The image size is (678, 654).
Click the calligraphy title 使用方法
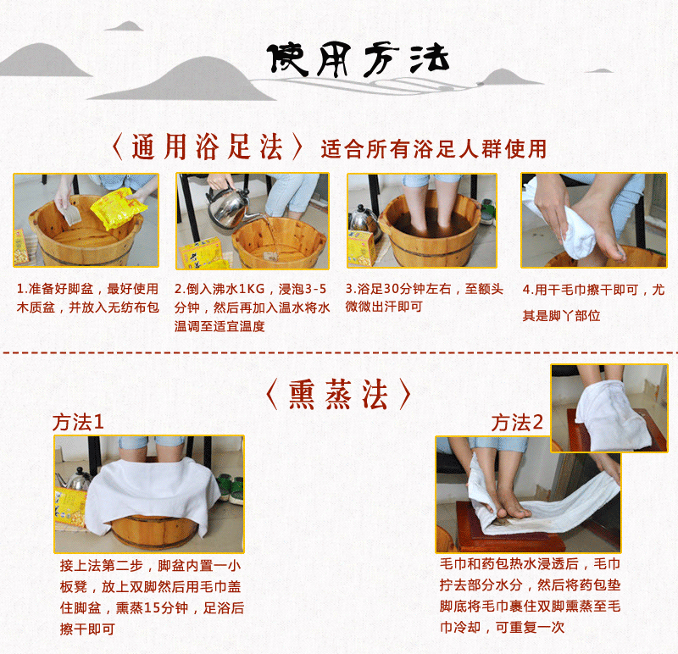358,59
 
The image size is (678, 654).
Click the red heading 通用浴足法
207,147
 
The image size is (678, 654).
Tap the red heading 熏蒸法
338,394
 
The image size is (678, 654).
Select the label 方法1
78,423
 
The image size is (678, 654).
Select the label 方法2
517,423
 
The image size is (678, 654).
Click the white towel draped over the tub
153,492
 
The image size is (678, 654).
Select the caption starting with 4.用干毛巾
593,302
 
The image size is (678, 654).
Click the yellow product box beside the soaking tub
361,248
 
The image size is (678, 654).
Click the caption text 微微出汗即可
384,307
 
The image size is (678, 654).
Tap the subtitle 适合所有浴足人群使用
434,149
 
